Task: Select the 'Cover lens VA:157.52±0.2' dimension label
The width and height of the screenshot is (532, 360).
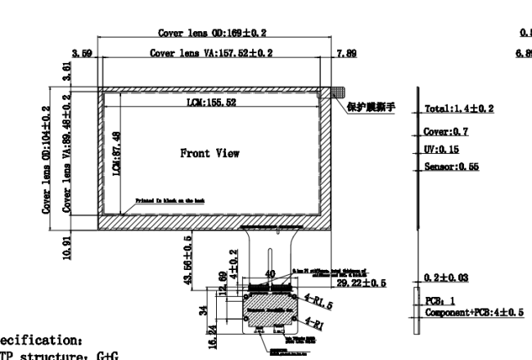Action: [x=211, y=53]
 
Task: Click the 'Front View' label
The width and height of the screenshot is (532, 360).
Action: [x=211, y=151]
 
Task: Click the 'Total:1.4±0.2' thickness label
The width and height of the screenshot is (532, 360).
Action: [x=460, y=108]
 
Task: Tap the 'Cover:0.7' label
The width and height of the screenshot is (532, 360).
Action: [x=446, y=131]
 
